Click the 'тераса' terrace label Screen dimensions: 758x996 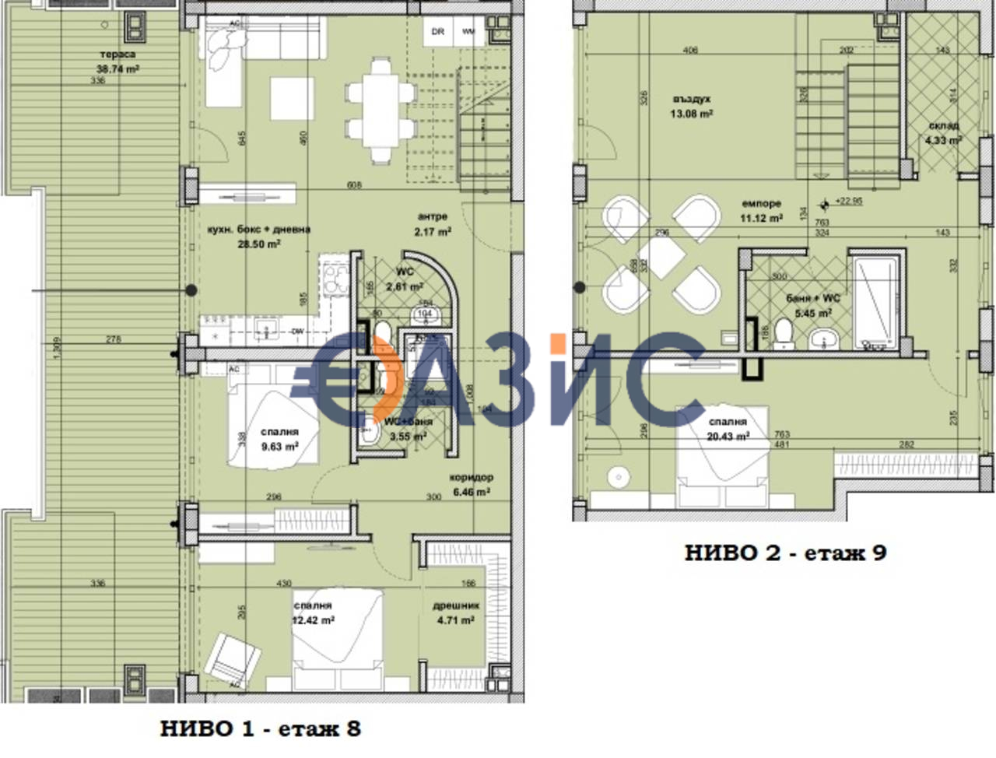[x=117, y=54]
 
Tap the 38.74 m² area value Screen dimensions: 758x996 [x=117, y=68]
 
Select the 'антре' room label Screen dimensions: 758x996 [x=433, y=217]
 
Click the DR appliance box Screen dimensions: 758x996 [x=438, y=32]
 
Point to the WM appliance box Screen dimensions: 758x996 [x=468, y=32]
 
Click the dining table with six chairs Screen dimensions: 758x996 [x=381, y=111]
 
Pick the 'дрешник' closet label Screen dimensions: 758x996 [x=456, y=605]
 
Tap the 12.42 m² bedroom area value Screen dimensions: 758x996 [x=313, y=620]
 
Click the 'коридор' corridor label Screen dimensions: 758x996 [x=471, y=478]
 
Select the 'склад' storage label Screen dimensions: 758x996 [x=943, y=126]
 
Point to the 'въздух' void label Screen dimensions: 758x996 [x=692, y=100]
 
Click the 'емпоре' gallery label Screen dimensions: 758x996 [x=761, y=204]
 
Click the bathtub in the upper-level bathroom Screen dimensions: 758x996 [x=876, y=304]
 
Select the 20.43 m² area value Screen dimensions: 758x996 [x=728, y=437]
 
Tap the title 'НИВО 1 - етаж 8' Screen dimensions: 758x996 [x=261, y=729]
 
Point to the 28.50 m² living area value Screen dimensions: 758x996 [x=259, y=244]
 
